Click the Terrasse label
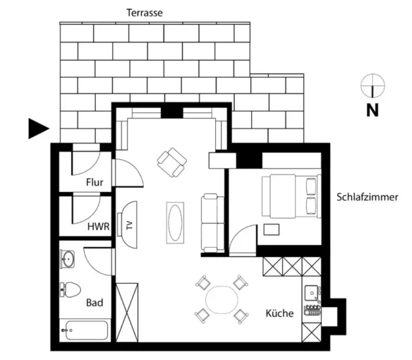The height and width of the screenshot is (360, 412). coord(145,13)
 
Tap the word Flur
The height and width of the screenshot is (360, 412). coord(95,182)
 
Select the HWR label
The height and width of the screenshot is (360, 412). coord(98,227)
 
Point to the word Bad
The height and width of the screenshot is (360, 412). coord(95,303)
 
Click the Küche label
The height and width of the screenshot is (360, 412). coord(279,313)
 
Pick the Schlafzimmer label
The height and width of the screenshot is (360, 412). coord(368,197)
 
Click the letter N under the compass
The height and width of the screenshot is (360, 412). coord(372,110)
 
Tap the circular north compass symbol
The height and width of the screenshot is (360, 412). coord(372,85)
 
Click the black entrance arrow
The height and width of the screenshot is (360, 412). coord(39,128)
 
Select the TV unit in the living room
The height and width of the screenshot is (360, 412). coord(127,224)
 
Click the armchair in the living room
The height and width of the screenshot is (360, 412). coord(172,162)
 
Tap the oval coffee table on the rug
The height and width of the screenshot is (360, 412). coord(175,223)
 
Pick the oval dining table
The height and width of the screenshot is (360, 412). coord(222,300)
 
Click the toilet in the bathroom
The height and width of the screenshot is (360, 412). coord(70,289)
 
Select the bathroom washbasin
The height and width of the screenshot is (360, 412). coord(68,259)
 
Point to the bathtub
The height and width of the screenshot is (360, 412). coord(85,330)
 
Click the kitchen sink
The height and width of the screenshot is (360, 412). coord(312,293)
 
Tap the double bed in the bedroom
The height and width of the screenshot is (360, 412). coord(291,196)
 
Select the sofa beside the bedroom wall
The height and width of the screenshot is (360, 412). coord(212,223)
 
